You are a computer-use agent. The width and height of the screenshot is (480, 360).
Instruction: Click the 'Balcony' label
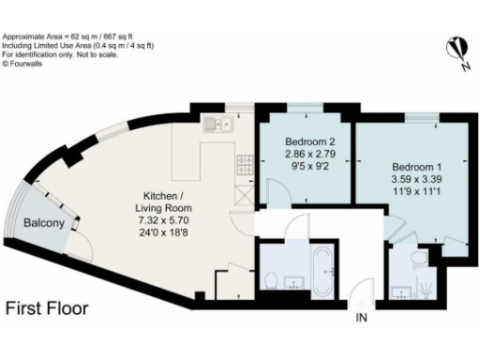click(44, 223)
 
